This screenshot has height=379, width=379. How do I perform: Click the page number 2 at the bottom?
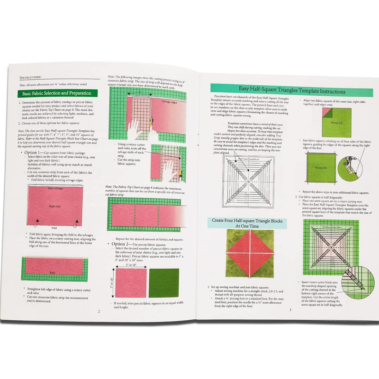point(99,311)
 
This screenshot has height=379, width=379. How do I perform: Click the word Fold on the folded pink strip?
point(53,273)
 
